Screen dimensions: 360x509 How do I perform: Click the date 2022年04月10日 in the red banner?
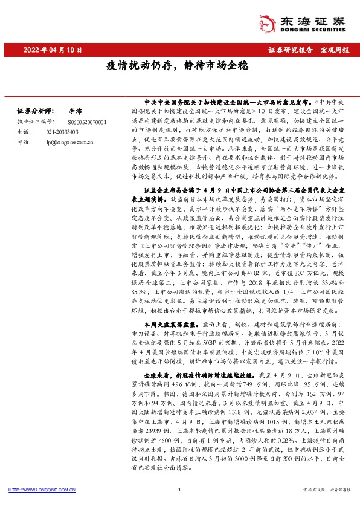(x=53, y=50)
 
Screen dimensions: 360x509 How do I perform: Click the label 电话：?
(x=23, y=131)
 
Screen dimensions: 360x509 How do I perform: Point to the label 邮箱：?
(x=23, y=141)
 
